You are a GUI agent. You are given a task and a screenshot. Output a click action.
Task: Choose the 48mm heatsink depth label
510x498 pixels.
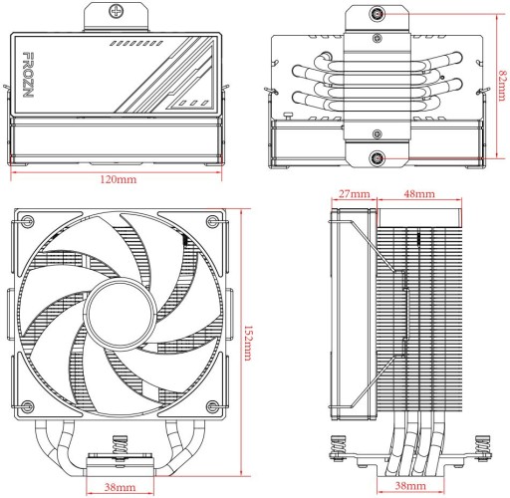(418, 192)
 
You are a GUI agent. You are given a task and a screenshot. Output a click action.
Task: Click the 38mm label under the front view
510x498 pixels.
(119, 488)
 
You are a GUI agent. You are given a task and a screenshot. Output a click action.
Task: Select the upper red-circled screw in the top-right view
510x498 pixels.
(379, 15)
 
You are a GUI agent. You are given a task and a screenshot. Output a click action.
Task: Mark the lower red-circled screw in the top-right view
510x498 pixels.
(379, 157)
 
